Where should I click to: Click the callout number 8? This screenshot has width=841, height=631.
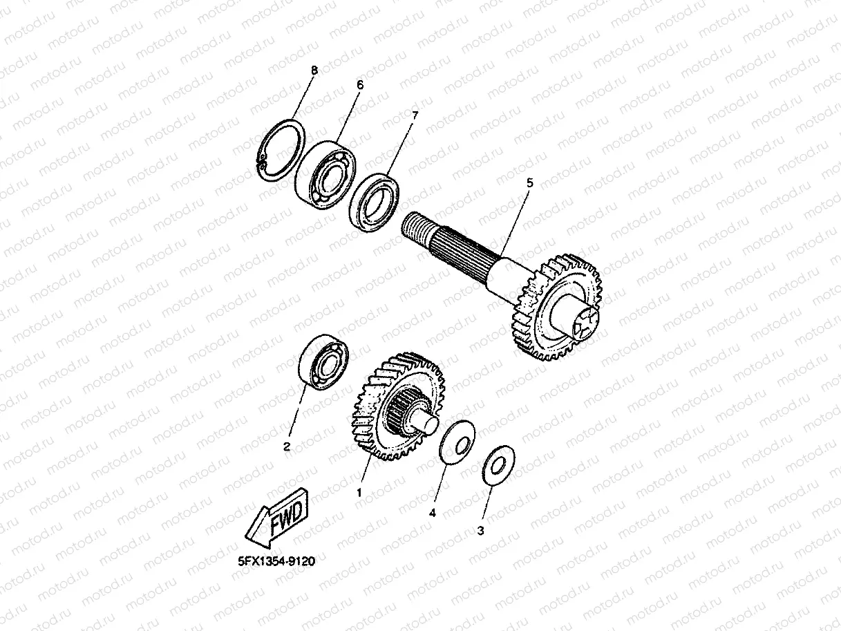(314, 70)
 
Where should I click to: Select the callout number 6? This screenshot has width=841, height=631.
(360, 85)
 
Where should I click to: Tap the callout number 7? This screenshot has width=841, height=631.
(415, 115)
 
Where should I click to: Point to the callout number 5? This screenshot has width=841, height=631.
(529, 183)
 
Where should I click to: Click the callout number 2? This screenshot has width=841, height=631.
(287, 446)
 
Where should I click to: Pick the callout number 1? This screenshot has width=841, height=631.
(359, 493)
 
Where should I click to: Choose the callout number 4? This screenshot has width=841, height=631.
(432, 513)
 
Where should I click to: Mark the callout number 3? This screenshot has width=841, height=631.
(480, 531)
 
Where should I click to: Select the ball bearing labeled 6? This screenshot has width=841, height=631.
(325, 175)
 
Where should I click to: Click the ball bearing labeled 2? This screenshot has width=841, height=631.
(323, 362)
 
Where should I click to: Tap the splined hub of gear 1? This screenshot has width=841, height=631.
(402, 410)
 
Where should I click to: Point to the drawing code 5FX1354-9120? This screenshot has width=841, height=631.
(276, 561)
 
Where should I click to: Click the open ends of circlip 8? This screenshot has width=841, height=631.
(261, 160)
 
